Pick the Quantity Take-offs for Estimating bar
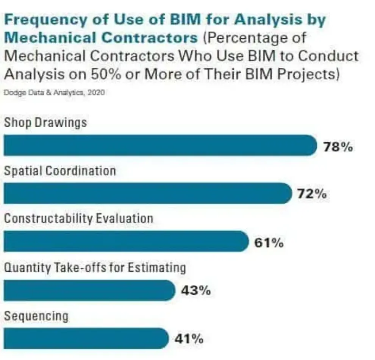89,290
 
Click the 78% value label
338,147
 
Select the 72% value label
311,194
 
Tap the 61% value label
269,243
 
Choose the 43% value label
195,291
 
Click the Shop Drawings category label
45,123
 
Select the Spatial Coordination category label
60,171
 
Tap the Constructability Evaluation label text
78,219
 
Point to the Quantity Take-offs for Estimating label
95,268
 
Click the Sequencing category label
36,316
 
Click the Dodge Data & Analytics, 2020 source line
54,93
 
